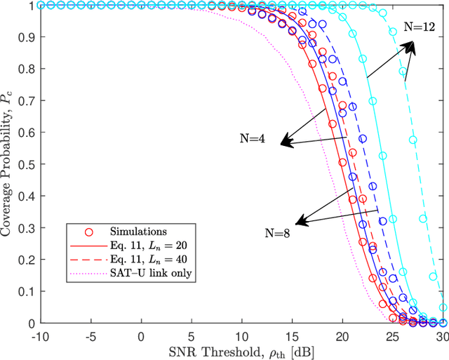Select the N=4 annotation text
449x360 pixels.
251,139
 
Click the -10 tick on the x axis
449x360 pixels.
41,335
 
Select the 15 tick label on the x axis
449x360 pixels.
292,335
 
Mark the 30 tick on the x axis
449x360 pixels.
442,335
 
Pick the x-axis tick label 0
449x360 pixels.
142,335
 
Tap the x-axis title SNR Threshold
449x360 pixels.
241,350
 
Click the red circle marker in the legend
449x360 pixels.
88,231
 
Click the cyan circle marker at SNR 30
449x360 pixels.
443,307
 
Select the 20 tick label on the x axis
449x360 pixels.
342,335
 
